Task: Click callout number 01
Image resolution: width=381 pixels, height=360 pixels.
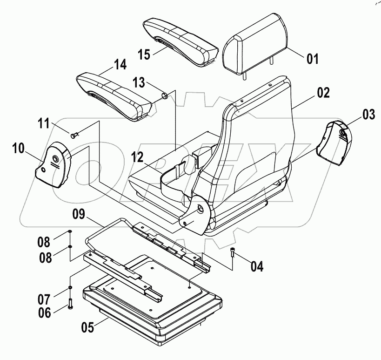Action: [312, 59]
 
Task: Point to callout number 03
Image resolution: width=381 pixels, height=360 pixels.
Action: [368, 114]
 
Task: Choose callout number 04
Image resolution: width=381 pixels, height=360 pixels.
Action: [257, 266]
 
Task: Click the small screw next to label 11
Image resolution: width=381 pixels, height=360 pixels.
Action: [74, 135]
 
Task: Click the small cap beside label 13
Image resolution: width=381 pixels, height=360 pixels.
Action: [164, 96]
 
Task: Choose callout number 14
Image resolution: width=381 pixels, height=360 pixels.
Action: [120, 65]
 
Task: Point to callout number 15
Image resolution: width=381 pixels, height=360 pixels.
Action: [144, 54]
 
